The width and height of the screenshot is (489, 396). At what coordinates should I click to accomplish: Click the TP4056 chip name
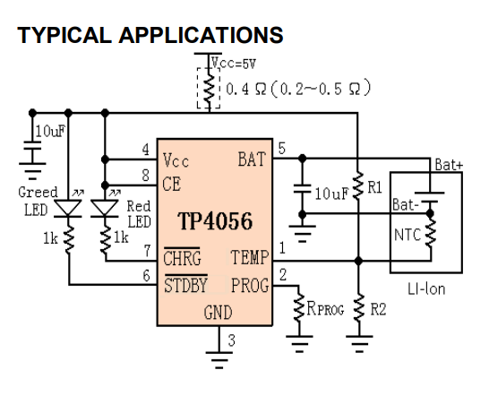pyautogui.click(x=215, y=221)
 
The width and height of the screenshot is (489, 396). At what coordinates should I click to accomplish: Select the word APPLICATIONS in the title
pyautogui.click(x=201, y=35)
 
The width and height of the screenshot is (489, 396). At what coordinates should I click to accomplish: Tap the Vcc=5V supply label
pyautogui.click(x=234, y=64)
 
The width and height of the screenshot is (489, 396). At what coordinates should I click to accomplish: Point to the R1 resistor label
pyautogui.click(x=375, y=187)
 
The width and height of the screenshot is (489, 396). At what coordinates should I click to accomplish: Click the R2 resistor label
pyautogui.click(x=378, y=309)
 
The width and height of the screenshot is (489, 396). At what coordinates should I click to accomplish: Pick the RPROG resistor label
pyautogui.click(x=325, y=308)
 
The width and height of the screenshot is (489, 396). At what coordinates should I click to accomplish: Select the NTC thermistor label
pyautogui.click(x=407, y=235)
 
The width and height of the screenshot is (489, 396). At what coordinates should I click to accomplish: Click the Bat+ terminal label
pyautogui.click(x=449, y=165)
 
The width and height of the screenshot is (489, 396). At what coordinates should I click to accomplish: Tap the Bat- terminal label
pyautogui.click(x=406, y=205)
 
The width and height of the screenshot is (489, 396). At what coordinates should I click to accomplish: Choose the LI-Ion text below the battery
pyautogui.click(x=426, y=289)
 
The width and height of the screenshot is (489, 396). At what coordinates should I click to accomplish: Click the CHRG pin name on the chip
pyautogui.click(x=182, y=258)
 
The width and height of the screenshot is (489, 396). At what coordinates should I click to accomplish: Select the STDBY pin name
pyautogui.click(x=185, y=285)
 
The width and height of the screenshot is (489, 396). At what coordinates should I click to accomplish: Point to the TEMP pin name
pyautogui.click(x=249, y=257)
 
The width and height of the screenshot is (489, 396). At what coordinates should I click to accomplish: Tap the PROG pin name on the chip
pyautogui.click(x=250, y=285)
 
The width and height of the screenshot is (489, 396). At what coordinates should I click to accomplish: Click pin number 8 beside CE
pyautogui.click(x=146, y=176)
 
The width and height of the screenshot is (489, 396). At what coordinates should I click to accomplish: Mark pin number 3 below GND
pyautogui.click(x=231, y=340)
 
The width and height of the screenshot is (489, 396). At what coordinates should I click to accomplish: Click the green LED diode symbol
pyautogui.click(x=68, y=208)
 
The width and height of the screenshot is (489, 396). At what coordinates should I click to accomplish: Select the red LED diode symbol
pyautogui.click(x=105, y=208)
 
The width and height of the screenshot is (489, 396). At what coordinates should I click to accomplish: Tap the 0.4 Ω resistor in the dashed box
pyautogui.click(x=209, y=89)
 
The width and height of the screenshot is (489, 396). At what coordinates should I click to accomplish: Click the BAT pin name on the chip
pyautogui.click(x=252, y=159)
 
